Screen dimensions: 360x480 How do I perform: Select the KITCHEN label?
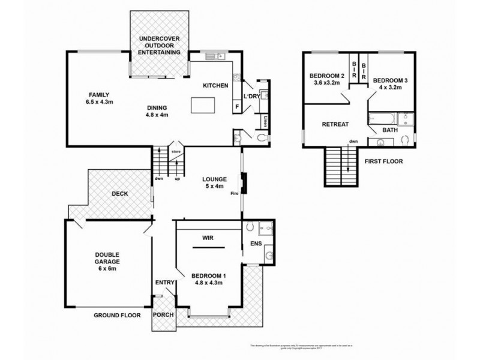215,86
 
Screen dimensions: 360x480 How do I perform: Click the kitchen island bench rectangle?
203,106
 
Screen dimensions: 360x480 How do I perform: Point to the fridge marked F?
237,107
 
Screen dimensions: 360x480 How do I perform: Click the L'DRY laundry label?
251,96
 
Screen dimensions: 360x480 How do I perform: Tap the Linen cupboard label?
265,122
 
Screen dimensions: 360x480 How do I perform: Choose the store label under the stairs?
176,152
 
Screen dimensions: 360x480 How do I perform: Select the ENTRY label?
164,283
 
